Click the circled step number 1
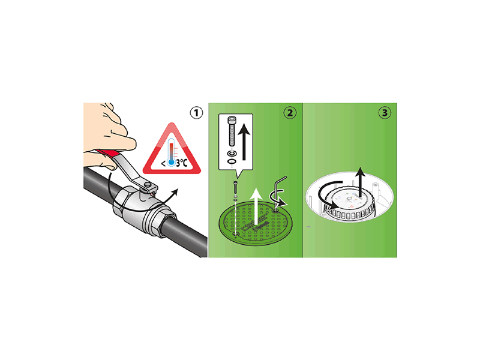coord(196,113)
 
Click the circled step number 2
coord(290,113)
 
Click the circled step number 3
coord(385,113)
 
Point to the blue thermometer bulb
coord(172,163)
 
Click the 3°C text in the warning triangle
coord(182,163)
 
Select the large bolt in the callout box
coord(232,131)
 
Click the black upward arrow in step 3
coord(361,182)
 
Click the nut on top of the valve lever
coord(148,185)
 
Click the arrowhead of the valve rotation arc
coord(175,191)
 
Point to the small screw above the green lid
coord(235,187)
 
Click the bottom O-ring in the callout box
coord(232,161)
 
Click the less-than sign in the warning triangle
coord(163,163)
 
